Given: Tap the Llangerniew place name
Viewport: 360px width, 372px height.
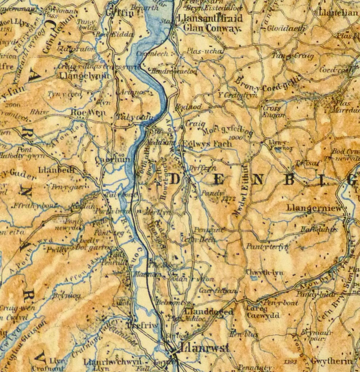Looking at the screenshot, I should [314, 208].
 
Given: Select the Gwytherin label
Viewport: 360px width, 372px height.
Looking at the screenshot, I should [331, 361].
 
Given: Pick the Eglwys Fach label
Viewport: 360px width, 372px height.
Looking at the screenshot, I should [207, 143].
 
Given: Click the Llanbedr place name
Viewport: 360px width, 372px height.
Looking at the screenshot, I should [57, 170].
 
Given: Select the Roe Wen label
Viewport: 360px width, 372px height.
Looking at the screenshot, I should [88, 112].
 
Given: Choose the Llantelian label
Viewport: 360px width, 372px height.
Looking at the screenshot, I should [338, 13].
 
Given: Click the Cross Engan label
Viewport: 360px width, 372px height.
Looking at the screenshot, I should [271, 111].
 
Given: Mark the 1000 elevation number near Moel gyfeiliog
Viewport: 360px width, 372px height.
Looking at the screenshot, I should [235, 138].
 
